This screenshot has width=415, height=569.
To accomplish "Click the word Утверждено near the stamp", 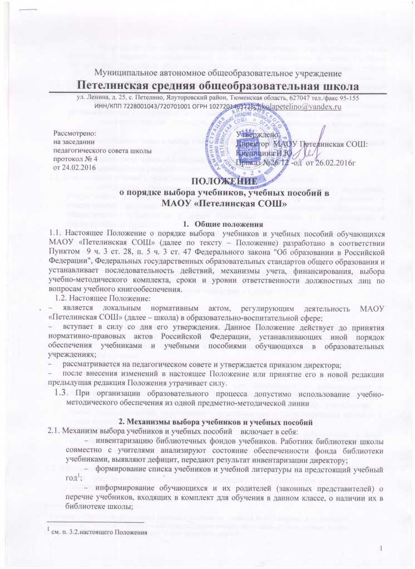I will click(258, 119).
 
